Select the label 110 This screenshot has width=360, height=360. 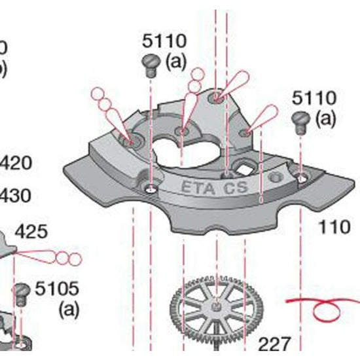tap(334, 227)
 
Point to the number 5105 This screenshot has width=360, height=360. tap(57, 287)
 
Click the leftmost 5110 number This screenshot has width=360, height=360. tap(164, 41)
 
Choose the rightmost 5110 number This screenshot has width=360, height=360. tap(314, 99)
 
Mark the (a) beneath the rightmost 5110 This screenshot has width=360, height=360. tap(326, 118)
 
